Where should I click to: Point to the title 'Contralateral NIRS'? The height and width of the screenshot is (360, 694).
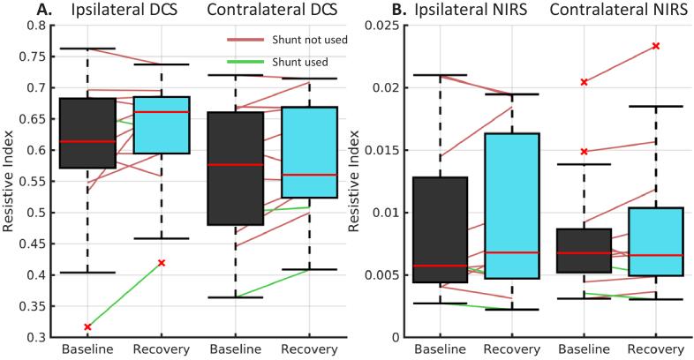[600, 10]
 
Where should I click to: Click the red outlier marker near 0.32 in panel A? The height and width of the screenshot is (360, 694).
[87, 327]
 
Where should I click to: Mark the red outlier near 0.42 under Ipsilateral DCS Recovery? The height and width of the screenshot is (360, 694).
[161, 263]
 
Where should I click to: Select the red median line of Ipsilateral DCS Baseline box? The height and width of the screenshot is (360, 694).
[87, 141]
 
